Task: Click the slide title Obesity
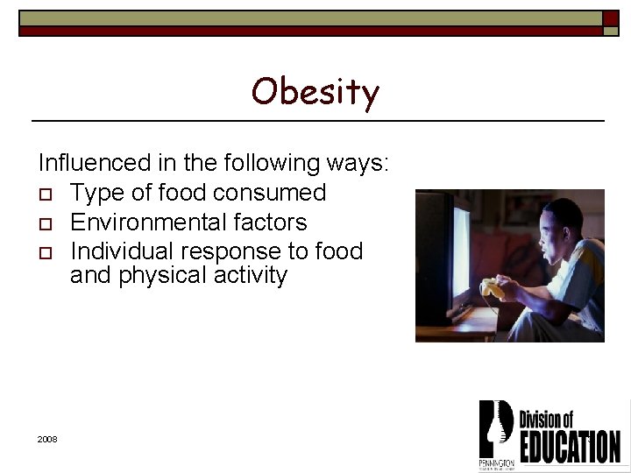[315, 92]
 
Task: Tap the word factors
[270, 222]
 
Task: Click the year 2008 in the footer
[47, 438]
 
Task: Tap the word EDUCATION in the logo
[570, 446]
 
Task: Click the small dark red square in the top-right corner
[611, 18]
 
